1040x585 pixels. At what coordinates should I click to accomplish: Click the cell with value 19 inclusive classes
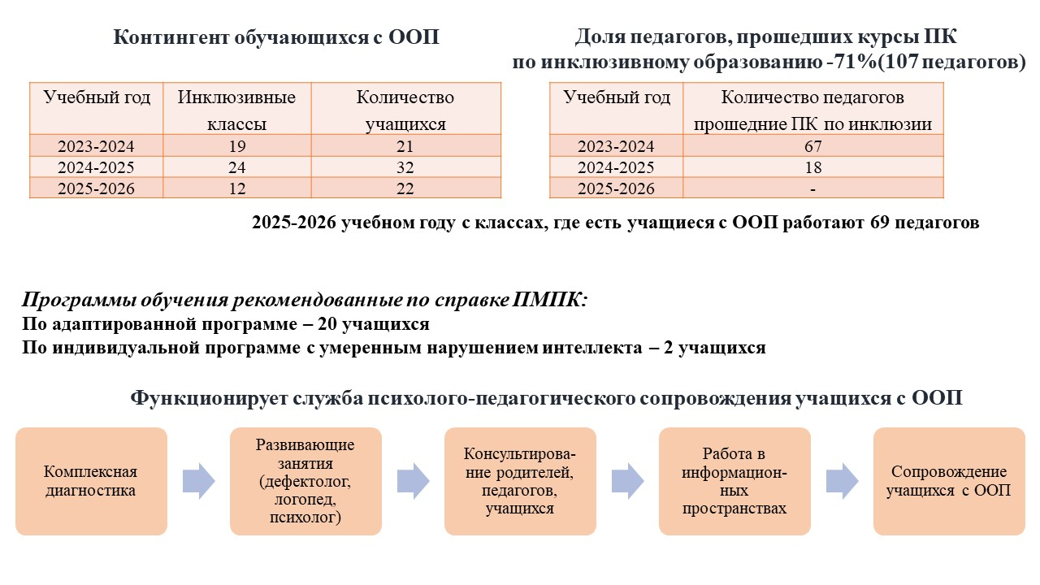coord(236,146)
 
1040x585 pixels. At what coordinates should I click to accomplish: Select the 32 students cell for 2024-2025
coord(405,167)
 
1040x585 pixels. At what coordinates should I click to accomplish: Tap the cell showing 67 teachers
coord(812,146)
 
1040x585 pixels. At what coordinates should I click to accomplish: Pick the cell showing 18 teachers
coord(812,167)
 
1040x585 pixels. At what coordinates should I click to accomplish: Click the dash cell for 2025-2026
coord(812,188)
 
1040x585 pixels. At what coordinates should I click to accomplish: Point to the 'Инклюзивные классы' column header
coord(236,110)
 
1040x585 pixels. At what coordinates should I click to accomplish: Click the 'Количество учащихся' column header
coord(405,110)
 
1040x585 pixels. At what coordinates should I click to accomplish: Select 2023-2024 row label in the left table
coord(96,146)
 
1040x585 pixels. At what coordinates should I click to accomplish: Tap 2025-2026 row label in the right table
coord(616,188)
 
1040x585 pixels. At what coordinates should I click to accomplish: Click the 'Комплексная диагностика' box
coord(91,481)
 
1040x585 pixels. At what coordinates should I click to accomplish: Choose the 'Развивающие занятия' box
coord(305,481)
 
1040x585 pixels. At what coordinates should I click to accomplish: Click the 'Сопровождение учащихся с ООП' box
coord(949,481)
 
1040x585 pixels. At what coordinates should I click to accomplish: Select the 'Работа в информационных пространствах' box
coord(734,481)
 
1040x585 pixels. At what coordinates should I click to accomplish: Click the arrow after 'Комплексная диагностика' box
coord(198,481)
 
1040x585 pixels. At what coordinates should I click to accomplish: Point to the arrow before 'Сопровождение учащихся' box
coord(842,481)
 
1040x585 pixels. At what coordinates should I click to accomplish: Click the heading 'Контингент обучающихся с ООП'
coord(276,37)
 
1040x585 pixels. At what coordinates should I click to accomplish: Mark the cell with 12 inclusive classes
coord(236,188)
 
